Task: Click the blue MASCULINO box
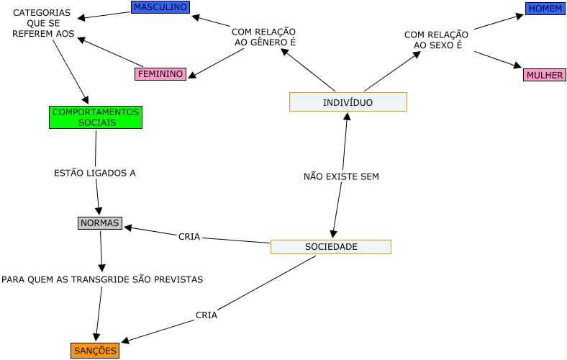tap(160, 7)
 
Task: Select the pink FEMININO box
tap(160, 73)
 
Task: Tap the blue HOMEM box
tap(545, 9)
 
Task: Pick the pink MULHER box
tap(544, 75)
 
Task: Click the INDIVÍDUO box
tap(348, 102)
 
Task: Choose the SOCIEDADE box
tap(330, 247)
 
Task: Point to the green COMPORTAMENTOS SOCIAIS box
tap(96, 117)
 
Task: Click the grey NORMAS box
tap(99, 223)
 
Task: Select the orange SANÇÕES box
tap(95, 351)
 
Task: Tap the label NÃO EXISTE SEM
tap(341, 176)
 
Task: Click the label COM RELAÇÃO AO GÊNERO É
tap(263, 37)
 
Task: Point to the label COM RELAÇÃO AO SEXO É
tap(436, 40)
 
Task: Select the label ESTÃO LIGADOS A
tap(95, 173)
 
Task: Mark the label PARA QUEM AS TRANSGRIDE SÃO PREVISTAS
tap(102, 279)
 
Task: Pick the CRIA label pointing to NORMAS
tap(189, 237)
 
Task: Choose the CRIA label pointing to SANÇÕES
tap(207, 315)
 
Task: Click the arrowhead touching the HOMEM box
tap(520, 15)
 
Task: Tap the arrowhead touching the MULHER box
tap(517, 66)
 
